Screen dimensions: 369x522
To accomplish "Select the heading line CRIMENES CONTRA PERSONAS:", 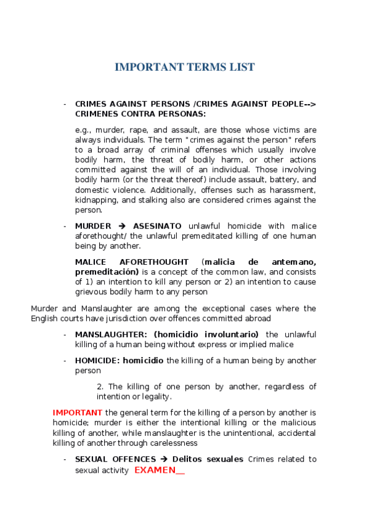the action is [140, 114].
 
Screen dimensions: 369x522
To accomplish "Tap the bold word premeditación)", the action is [106, 271].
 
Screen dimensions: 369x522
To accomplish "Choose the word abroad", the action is [257, 318].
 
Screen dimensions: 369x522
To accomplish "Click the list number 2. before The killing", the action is [100, 386].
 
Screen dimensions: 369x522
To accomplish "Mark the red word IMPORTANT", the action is [78, 412].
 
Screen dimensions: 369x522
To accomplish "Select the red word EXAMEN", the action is [155, 470].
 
